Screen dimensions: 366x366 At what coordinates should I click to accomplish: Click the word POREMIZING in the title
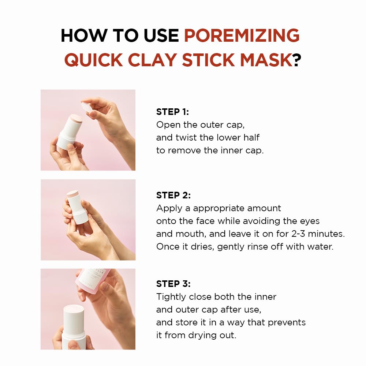pos(242,36)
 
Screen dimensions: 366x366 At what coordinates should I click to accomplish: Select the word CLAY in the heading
pos(153,60)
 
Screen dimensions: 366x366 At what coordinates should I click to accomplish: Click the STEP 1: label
pos(173,112)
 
